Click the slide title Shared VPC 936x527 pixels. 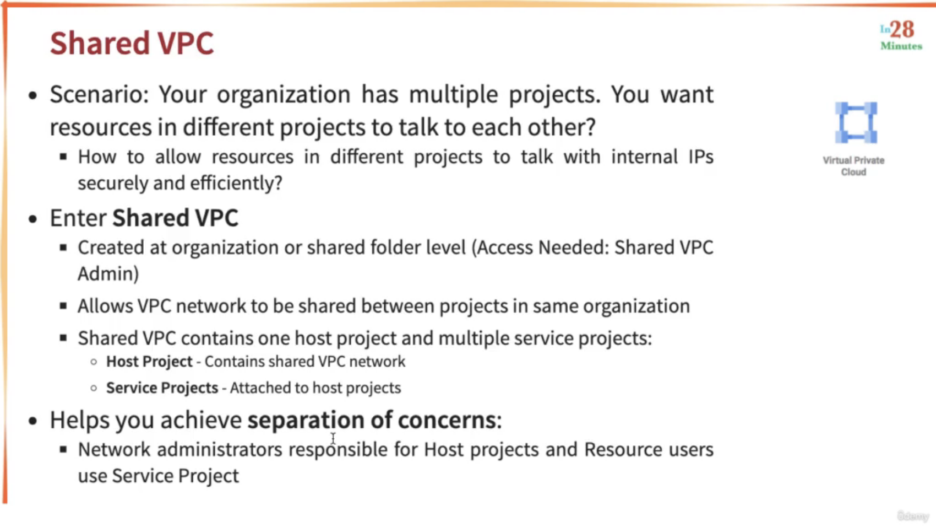click(x=132, y=43)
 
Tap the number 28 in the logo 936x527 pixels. click(x=902, y=30)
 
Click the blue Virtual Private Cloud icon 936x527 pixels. click(x=856, y=122)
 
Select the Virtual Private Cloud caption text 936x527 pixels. click(x=853, y=166)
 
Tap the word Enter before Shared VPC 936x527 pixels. click(x=78, y=218)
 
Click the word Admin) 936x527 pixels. click(x=108, y=274)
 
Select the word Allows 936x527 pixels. click(x=105, y=306)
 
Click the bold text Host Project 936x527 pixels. click(x=149, y=362)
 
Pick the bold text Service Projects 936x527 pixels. click(x=162, y=388)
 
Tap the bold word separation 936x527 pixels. click(x=306, y=420)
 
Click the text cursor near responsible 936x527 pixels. click(x=333, y=438)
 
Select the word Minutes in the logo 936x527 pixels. click(x=901, y=46)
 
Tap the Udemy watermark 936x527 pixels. click(x=913, y=516)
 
